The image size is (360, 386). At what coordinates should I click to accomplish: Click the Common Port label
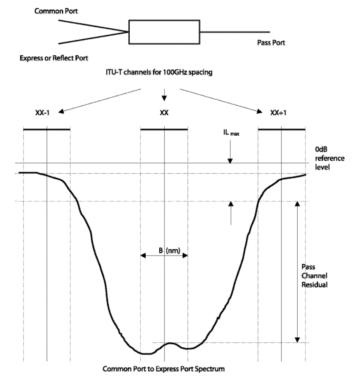click(56, 11)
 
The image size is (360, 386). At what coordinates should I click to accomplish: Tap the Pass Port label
click(271, 42)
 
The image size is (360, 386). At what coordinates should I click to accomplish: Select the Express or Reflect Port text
click(54, 58)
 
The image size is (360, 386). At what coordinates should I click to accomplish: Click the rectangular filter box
click(164, 32)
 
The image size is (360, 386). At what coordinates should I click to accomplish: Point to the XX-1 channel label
click(42, 113)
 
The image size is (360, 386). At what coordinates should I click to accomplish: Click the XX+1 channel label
click(278, 113)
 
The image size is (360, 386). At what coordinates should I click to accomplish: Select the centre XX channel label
click(164, 113)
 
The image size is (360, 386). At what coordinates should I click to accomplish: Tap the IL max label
click(231, 133)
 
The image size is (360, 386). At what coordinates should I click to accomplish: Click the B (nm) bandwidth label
click(169, 250)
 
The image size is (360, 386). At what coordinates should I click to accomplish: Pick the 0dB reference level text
click(330, 158)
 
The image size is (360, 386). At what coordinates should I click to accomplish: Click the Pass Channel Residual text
click(314, 276)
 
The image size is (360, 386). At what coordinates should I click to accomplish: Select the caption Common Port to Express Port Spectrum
click(164, 369)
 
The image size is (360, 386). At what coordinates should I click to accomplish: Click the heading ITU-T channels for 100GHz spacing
click(159, 72)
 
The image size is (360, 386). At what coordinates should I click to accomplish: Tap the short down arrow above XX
click(164, 95)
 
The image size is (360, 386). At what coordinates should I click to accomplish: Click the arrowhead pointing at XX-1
click(61, 111)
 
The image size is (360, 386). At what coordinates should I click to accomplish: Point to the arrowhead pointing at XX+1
click(259, 111)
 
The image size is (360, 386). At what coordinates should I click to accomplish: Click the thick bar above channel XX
click(164, 129)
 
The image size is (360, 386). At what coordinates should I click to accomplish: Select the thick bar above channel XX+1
click(282, 129)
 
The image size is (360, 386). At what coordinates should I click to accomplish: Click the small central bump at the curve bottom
click(169, 343)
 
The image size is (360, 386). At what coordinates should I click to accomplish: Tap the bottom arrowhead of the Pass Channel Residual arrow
click(297, 340)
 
